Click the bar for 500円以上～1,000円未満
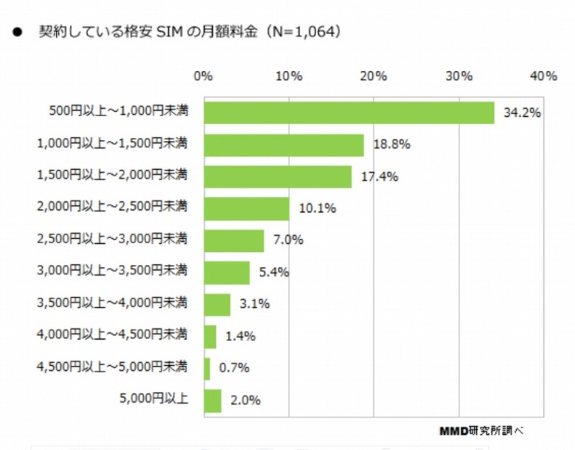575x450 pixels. point(349,112)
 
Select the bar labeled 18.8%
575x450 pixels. point(284,144)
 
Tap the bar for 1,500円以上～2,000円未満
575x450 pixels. point(278,176)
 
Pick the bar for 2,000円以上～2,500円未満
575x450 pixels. point(246,208)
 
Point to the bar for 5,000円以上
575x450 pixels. point(212,400)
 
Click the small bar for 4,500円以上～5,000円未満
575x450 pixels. point(207,368)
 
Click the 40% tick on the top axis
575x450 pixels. point(544,76)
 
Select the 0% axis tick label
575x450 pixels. point(204,76)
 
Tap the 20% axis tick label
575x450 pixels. point(374,76)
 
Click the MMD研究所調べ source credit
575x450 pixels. point(480,430)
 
